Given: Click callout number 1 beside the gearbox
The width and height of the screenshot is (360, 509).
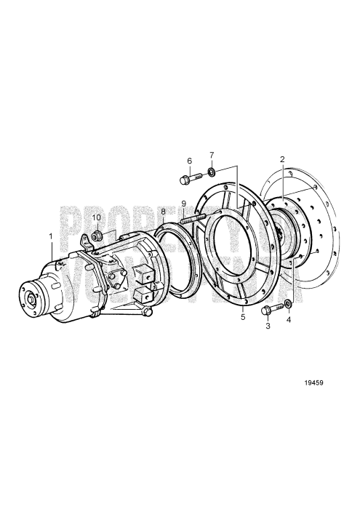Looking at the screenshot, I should [x=50, y=236].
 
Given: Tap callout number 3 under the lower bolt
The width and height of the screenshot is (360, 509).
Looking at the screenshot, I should [x=268, y=327].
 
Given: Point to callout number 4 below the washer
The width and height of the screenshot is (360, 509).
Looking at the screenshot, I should [x=289, y=319].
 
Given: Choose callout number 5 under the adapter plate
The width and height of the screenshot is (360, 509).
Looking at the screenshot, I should [x=243, y=317].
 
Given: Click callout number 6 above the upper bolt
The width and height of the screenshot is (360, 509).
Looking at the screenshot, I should [x=189, y=161].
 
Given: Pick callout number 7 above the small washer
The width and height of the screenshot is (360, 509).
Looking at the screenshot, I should [x=212, y=155].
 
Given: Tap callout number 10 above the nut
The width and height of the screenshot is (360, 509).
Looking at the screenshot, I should [x=97, y=217].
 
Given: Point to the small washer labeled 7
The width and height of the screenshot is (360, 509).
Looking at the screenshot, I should [x=211, y=172].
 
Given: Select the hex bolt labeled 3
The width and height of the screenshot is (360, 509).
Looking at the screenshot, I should [x=268, y=310].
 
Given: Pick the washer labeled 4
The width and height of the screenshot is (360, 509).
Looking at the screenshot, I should [x=289, y=302].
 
